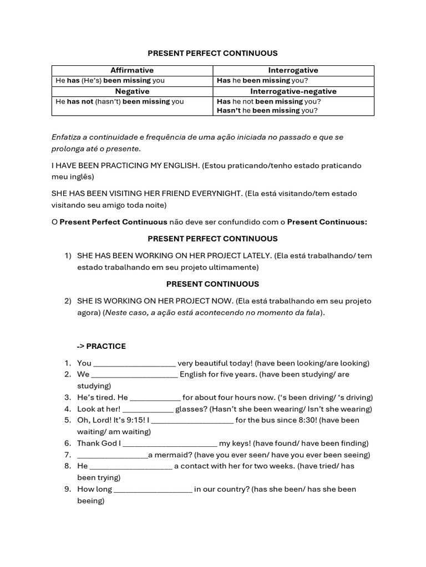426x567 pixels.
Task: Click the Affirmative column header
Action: tap(132, 70)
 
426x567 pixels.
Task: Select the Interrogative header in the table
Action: tap(293, 70)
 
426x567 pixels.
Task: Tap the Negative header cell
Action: tap(132, 91)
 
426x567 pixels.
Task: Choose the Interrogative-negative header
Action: tap(293, 91)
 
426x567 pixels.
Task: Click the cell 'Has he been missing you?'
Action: tap(262, 81)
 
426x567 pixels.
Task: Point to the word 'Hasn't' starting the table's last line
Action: tap(229, 111)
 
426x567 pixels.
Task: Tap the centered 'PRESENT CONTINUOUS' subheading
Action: tap(212, 284)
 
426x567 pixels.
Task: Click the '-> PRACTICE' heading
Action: tap(102, 347)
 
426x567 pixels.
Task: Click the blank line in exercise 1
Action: tap(134, 364)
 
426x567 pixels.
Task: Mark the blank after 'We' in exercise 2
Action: tap(134, 375)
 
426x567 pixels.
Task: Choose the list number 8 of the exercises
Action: tap(67, 466)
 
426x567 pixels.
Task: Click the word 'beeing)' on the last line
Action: tap(90, 501)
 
